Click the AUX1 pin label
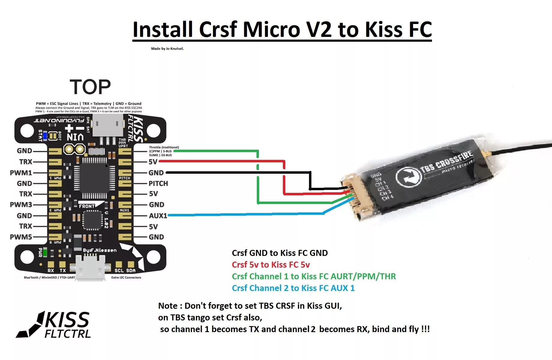pyautogui.click(x=158, y=216)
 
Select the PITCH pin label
pyautogui.click(x=158, y=184)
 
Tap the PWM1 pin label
pyautogui.click(x=21, y=173)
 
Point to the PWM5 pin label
pyautogui.click(x=21, y=237)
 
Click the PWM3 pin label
pyautogui.click(x=21, y=205)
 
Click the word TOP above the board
pyautogui.click(x=90, y=87)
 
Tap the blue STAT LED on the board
pyautogui.click(x=45, y=136)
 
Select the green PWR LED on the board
pyautogui.click(x=45, y=252)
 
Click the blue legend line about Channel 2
pyautogui.click(x=293, y=288)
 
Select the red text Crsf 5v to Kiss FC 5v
pyautogui.click(x=271, y=265)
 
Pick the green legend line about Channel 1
pyautogui.click(x=313, y=276)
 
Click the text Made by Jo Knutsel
pyautogui.click(x=167, y=49)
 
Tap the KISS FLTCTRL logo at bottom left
pyautogui.click(x=54, y=325)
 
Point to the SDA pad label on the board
pyautogui.click(x=131, y=271)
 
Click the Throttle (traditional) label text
pyautogui.click(x=164, y=147)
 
